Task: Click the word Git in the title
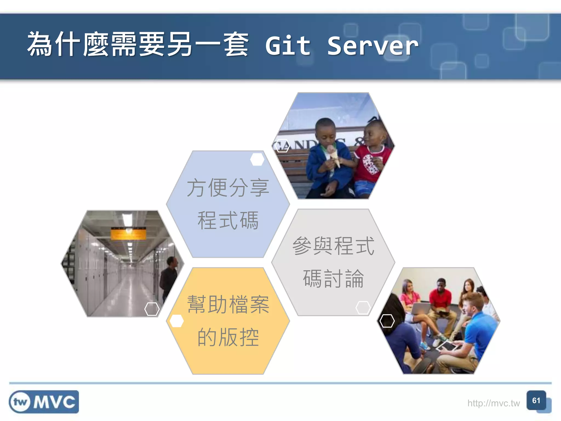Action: pyautogui.click(x=288, y=46)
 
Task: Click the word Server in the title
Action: pyautogui.click(x=373, y=46)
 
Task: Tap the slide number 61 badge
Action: pyautogui.click(x=536, y=401)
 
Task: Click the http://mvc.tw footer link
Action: pyautogui.click(x=493, y=403)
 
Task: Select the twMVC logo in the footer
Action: pyautogui.click(x=44, y=402)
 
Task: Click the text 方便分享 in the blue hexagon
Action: pyautogui.click(x=228, y=188)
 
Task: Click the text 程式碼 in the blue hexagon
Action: pyautogui.click(x=228, y=220)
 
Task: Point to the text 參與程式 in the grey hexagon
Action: pyautogui.click(x=333, y=246)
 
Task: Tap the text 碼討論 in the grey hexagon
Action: pyautogui.click(x=333, y=278)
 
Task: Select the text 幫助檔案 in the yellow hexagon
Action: pyautogui.click(x=228, y=305)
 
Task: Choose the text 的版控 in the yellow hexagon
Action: pyautogui.click(x=228, y=337)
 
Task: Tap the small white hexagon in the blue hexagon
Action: pyautogui.click(x=257, y=159)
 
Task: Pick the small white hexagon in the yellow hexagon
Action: pyautogui.click(x=177, y=321)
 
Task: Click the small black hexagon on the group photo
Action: pyautogui.click(x=387, y=321)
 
